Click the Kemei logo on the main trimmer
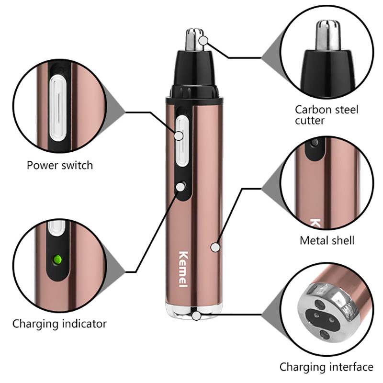[x=183, y=269]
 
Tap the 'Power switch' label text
[x=60, y=165]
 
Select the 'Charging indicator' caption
[x=59, y=324]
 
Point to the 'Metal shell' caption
[x=327, y=241]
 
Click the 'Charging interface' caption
[x=327, y=367]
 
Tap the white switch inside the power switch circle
[x=58, y=108]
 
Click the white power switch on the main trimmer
[x=182, y=141]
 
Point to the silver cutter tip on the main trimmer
[x=195, y=40]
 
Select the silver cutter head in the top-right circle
[x=328, y=35]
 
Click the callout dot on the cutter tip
[x=203, y=41]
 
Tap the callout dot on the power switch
[x=179, y=136]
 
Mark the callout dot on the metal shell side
[x=215, y=248]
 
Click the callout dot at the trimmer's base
[x=196, y=316]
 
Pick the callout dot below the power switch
[x=180, y=187]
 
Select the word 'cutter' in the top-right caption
[x=309, y=121]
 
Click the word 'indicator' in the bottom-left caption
[x=84, y=324]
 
